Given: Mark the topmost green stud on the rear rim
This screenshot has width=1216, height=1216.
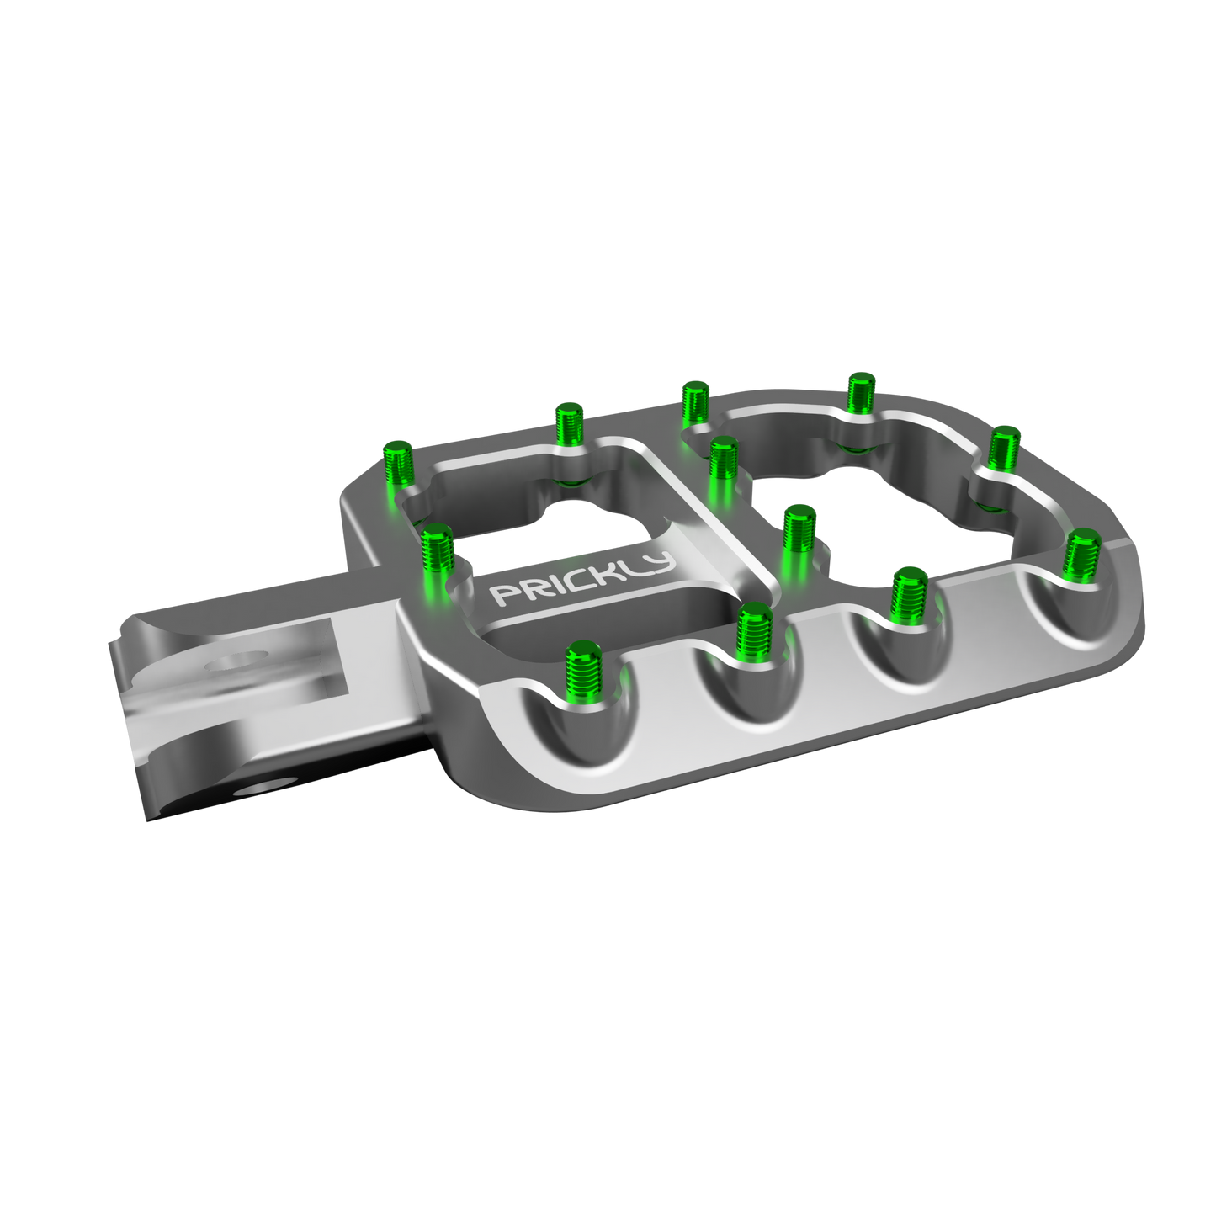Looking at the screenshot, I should click(x=859, y=391).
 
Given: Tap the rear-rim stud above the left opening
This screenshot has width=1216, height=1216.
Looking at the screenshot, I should click(x=569, y=426).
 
